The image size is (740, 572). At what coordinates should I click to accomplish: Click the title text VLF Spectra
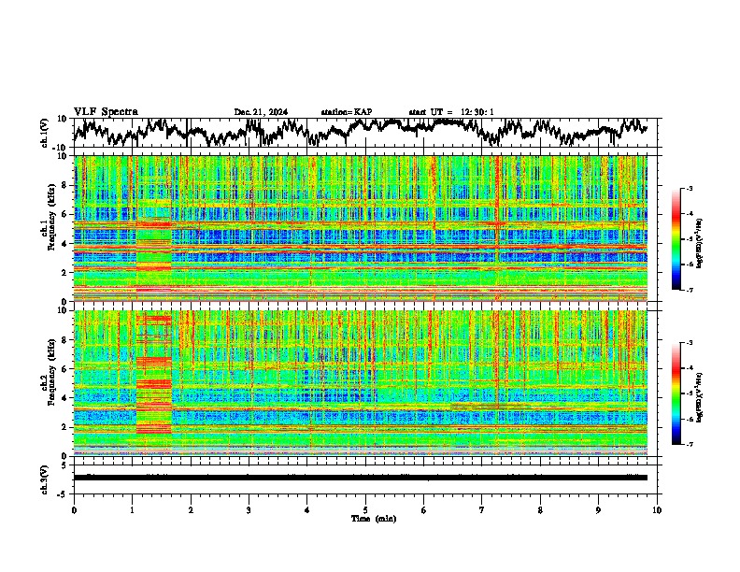click(106, 111)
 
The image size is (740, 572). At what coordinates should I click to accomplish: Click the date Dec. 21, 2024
click(261, 112)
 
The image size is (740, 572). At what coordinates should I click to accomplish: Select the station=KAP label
click(346, 112)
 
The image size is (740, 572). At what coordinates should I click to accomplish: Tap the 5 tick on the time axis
click(365, 509)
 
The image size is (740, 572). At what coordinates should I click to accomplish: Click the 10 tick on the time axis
click(658, 509)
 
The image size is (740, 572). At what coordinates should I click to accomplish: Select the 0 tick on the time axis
click(74, 509)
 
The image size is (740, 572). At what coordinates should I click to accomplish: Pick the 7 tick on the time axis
click(482, 509)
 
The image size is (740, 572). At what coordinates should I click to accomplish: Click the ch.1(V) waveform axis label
click(45, 132)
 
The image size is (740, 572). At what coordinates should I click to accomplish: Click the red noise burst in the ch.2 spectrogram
click(154, 383)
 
